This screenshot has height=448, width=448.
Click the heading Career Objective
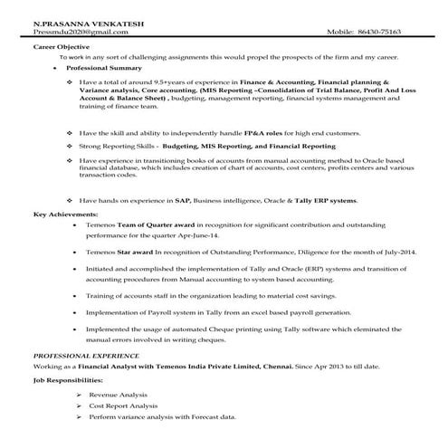coord(61,43)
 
